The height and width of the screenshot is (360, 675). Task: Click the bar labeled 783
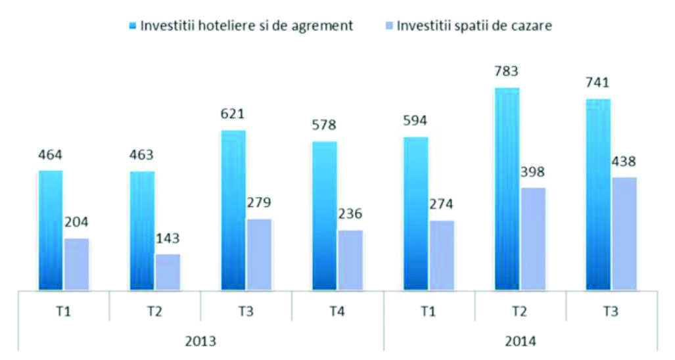point(507,189)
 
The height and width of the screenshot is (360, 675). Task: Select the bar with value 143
point(168,271)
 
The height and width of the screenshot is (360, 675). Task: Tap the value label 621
point(233,114)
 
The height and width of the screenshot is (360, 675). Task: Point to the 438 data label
point(624,161)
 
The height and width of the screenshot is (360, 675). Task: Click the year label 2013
point(201,342)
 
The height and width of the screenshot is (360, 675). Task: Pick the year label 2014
point(521,342)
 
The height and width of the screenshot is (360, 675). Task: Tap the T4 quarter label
point(338,310)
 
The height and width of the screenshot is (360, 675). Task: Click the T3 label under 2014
point(611,310)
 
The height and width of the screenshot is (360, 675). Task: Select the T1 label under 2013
point(64,310)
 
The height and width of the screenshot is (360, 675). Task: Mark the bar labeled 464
point(51,230)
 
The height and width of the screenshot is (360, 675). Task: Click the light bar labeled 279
point(259,254)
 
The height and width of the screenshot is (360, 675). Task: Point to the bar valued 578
point(325,215)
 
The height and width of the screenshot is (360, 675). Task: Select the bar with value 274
point(441,255)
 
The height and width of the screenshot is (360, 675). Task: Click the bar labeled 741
point(598,194)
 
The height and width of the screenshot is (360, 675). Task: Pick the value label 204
point(77,221)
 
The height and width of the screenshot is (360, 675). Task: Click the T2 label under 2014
point(520,310)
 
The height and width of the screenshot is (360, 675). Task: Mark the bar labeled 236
point(350,259)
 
